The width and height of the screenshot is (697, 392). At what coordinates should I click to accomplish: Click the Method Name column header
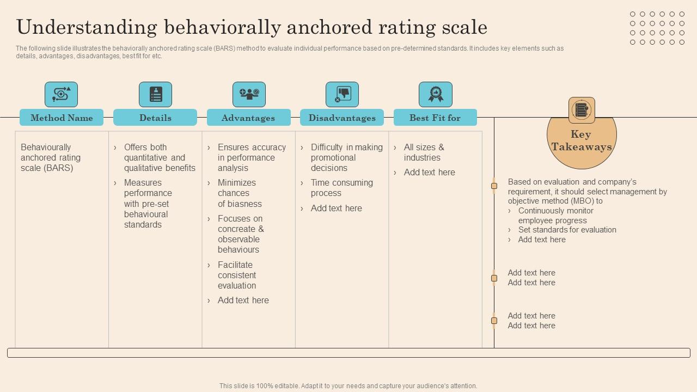62,118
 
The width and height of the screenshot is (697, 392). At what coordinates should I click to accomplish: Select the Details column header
155,118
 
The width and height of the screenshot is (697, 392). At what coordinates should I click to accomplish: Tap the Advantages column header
248,118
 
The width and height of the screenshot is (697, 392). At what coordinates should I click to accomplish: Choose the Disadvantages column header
342,118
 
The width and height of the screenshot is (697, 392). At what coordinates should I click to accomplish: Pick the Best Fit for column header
435,118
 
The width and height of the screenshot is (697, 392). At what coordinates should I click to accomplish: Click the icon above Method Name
61,94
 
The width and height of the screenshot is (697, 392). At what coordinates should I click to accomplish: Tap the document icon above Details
155,94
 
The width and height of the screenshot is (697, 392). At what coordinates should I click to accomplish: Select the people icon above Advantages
249,94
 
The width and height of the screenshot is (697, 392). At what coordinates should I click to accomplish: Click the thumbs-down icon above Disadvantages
342,94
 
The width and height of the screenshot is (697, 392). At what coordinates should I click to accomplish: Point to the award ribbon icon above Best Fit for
435,94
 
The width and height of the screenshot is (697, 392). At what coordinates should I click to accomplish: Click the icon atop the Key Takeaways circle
582,110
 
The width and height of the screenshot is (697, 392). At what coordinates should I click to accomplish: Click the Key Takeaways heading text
581,140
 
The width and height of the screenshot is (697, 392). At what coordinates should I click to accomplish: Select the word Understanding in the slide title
87,27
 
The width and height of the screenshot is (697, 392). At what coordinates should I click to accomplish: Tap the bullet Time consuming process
341,188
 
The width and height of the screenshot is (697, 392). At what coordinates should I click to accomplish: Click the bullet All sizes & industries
424,152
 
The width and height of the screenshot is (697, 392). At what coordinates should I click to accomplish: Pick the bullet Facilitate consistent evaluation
237,275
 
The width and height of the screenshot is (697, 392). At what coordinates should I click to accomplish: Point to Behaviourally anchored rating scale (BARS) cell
51,157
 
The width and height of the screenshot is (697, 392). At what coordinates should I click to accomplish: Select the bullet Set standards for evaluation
567,230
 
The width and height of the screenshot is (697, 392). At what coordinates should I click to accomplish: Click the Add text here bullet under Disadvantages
336,208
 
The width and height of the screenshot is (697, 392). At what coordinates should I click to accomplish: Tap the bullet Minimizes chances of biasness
240,193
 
